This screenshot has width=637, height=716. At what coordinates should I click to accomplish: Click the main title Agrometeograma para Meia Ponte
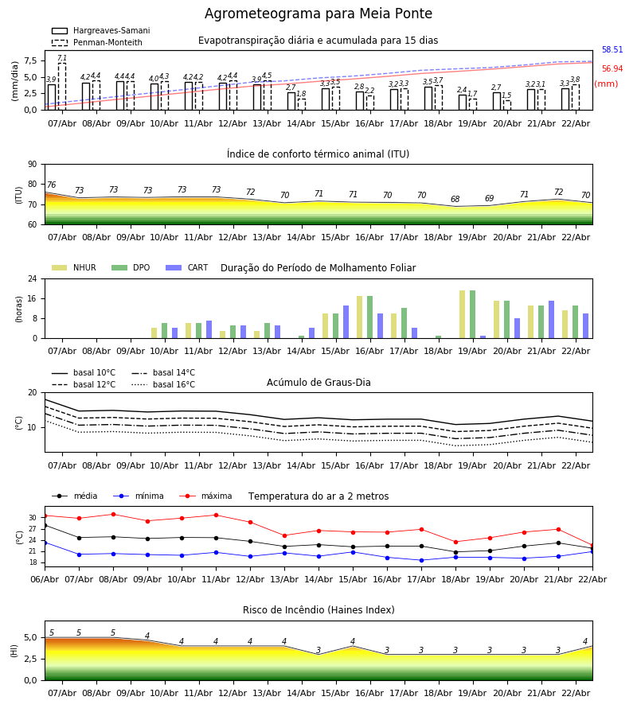point(318,14)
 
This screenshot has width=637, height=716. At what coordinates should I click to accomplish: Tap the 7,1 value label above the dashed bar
point(61,58)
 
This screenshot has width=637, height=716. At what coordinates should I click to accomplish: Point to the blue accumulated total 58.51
point(612,50)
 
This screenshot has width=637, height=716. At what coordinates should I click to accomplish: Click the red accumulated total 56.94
point(612,69)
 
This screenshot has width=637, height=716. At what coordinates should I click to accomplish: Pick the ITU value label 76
point(51,185)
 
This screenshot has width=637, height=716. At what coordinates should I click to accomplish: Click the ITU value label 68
point(455,200)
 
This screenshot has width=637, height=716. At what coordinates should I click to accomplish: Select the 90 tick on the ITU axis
point(32,164)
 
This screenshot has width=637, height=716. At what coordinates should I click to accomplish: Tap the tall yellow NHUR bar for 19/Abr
point(462,314)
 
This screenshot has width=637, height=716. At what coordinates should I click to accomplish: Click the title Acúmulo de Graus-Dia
point(318,383)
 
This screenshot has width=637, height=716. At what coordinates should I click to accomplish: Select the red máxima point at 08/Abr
point(113,514)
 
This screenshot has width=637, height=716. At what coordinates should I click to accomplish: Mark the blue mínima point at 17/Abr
point(421,560)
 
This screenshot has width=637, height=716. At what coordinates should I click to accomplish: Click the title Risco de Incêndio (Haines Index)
point(318,610)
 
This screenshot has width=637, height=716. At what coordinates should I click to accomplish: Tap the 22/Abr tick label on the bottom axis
point(576,693)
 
